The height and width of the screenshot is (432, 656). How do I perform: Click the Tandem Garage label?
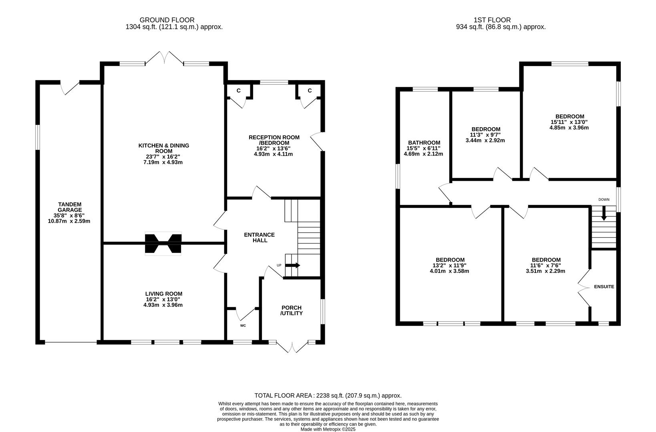click(x=69, y=207)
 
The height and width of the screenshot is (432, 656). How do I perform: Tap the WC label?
click(x=243, y=326)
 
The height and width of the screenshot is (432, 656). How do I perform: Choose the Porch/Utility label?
click(x=291, y=310)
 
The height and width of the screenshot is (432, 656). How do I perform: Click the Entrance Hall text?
click(x=259, y=238)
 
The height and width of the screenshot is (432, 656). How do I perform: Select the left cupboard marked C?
click(x=238, y=91)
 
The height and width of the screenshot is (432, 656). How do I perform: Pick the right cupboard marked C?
click(x=310, y=91)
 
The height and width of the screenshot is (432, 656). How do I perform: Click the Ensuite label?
click(x=604, y=287)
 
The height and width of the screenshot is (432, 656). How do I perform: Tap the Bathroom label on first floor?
click(x=424, y=142)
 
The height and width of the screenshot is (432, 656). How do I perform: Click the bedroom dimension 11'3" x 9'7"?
click(x=485, y=135)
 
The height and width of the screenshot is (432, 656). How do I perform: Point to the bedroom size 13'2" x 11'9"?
click(x=450, y=265)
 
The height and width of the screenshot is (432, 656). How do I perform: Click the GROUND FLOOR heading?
click(x=167, y=20)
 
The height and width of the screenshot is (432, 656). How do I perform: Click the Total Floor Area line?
click(x=328, y=396)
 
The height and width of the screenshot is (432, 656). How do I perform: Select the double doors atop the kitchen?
click(x=164, y=58)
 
